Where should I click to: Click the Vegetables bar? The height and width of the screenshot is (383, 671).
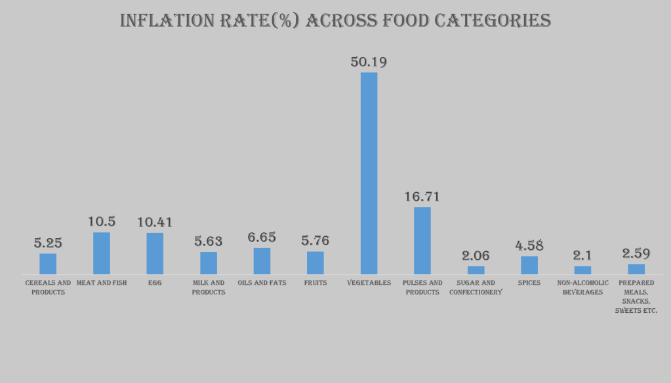369,173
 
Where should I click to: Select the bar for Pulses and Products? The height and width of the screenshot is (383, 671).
422,241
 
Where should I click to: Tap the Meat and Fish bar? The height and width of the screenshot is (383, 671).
102,253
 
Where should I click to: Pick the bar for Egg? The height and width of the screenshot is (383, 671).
155,253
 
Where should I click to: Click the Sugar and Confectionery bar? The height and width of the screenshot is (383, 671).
476,270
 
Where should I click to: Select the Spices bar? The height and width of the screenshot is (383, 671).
529,265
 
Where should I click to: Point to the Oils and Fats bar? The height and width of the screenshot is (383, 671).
262,261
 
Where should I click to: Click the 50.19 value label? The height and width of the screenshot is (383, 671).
369,62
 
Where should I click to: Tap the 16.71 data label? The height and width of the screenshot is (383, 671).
422,197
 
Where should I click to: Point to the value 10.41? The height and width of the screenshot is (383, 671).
155,222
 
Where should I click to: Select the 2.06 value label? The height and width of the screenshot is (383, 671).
476,256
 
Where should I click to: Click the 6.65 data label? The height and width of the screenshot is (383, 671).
262,237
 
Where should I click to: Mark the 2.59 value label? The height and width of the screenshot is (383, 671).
636,254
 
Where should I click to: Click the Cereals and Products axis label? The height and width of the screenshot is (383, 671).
48,287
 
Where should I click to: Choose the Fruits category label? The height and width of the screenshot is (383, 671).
315,283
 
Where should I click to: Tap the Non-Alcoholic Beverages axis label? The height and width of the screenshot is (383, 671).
582,287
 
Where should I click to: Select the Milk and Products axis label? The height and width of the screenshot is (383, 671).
209,287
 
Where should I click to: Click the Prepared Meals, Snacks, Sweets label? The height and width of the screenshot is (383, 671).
636,296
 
